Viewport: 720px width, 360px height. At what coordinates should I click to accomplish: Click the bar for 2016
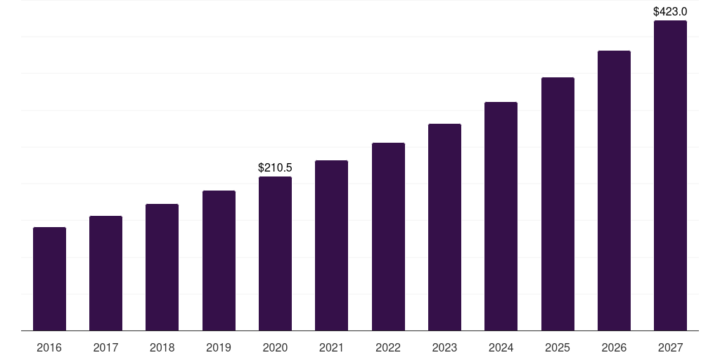tap(49, 279)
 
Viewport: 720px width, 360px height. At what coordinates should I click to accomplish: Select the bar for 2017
tap(105, 274)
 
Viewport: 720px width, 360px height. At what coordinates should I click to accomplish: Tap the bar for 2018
tap(162, 267)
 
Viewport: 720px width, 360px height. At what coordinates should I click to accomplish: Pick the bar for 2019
tap(219, 261)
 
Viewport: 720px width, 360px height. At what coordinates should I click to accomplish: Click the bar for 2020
tap(275, 254)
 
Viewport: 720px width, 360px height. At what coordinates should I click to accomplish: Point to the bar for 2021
tap(331, 245)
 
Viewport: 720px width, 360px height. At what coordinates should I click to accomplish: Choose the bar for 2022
tap(388, 237)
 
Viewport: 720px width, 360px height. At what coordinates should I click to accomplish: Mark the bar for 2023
tap(444, 227)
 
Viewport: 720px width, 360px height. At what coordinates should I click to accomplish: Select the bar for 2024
tap(501, 217)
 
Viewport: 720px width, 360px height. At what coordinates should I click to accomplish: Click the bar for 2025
tap(558, 204)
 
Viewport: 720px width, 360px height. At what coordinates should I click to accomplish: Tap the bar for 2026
tap(614, 191)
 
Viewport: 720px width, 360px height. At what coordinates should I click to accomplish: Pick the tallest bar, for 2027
tap(670, 176)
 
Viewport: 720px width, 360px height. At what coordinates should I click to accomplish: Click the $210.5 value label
tap(275, 168)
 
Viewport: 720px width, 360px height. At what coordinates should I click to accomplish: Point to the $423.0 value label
tap(670, 12)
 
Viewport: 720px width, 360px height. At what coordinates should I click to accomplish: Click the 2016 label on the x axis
tap(49, 348)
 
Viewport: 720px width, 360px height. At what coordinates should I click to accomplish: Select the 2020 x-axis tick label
tap(275, 348)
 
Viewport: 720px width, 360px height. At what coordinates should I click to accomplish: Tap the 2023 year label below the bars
tap(444, 348)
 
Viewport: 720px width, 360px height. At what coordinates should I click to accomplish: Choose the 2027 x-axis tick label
tap(670, 348)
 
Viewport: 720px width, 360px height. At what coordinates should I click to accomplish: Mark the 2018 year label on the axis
tap(162, 348)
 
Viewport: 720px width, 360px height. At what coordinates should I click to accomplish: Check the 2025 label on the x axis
tap(558, 348)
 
